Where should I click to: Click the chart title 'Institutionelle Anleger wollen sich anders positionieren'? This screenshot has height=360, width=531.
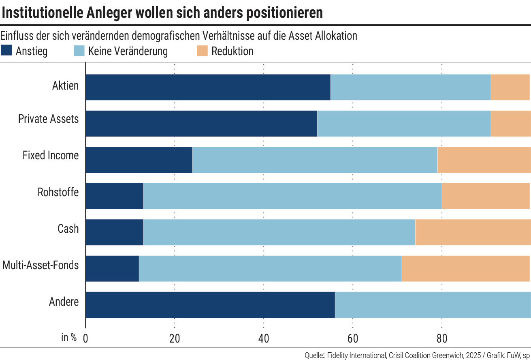pyautogui.click(x=162, y=13)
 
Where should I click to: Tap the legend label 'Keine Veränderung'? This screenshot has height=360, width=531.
pyautogui.click(x=128, y=51)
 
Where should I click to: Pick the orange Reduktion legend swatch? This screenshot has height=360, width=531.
pyautogui.click(x=202, y=51)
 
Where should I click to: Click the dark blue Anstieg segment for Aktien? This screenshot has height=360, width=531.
pyautogui.click(x=208, y=87)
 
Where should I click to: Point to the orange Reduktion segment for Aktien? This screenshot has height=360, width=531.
pyautogui.click(x=510, y=87)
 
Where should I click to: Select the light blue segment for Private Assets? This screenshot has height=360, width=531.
pyautogui.click(x=404, y=124)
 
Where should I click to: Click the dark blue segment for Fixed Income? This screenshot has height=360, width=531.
pyautogui.click(x=139, y=160)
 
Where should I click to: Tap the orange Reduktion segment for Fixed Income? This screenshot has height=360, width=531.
pyautogui.click(x=484, y=160)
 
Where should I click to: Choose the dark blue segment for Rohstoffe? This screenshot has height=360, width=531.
pyautogui.click(x=115, y=196)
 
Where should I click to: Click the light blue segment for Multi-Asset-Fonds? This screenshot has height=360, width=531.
pyautogui.click(x=270, y=268)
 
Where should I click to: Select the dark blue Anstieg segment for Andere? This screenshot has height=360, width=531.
pyautogui.click(x=210, y=304)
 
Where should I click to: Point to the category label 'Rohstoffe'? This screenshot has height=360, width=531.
pyautogui.click(x=58, y=192)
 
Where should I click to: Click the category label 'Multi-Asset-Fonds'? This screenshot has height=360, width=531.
pyautogui.click(x=41, y=265)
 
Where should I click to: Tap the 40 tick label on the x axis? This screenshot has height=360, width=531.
pyautogui.click(x=264, y=339)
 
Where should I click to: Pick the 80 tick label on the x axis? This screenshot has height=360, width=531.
pyautogui.click(x=441, y=339)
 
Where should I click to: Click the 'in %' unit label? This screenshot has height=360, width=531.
pyautogui.click(x=69, y=338)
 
